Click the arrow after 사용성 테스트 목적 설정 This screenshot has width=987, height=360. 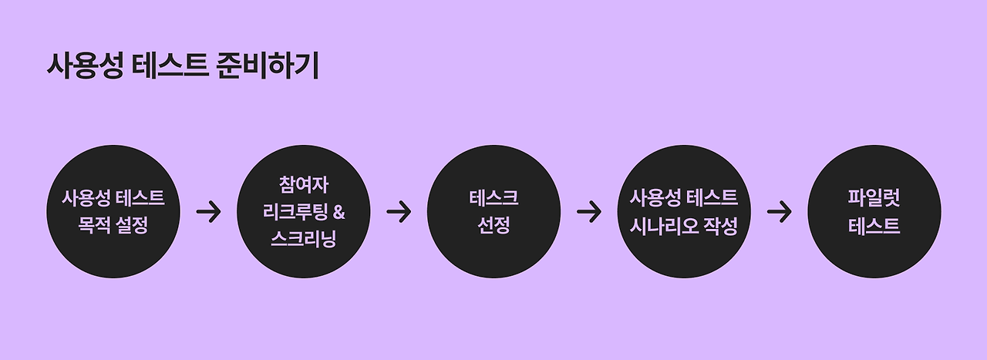(x=208, y=211)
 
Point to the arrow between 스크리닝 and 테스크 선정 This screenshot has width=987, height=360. (x=399, y=211)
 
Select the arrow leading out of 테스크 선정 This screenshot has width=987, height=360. (x=589, y=211)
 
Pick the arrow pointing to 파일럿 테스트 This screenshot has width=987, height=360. (x=780, y=211)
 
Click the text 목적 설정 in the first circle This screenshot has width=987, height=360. (x=113, y=227)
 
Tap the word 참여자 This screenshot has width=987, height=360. (x=303, y=185)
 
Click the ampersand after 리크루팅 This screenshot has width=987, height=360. (x=337, y=212)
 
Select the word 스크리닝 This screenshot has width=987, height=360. (x=303, y=238)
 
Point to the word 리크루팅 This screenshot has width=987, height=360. (x=293, y=212)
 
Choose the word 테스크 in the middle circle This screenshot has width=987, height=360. (x=493, y=198)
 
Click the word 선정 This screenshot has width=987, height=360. (x=493, y=227)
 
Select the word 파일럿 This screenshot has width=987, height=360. (x=874, y=198)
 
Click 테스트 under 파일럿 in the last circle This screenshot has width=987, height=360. (x=874, y=227)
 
